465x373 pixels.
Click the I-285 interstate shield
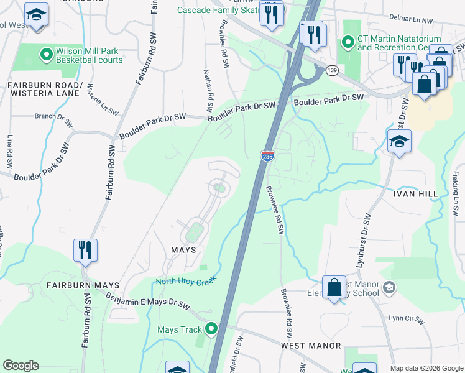click(267, 155)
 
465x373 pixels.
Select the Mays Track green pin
click(212, 329)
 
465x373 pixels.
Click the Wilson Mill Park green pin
click(45, 55)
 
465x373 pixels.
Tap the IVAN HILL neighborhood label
click(416, 194)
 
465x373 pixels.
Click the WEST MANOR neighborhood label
click(311, 345)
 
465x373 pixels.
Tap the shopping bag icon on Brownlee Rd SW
click(334, 288)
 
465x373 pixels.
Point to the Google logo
click(21, 366)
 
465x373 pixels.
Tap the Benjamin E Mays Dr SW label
click(147, 300)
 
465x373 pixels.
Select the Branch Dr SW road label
click(53, 116)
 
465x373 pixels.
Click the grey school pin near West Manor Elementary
click(389, 287)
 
